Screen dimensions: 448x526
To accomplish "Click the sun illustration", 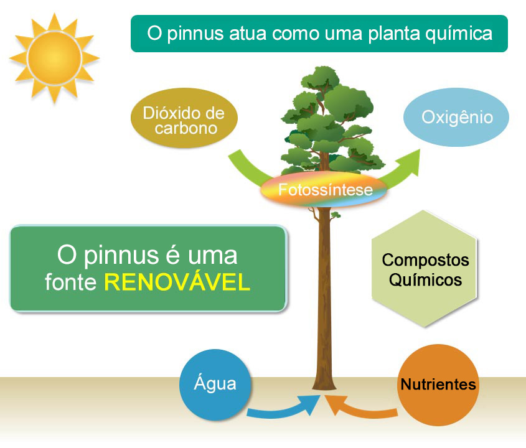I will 54,57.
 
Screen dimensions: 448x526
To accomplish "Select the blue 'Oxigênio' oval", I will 456,117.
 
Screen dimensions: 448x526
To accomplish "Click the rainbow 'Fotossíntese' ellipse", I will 324,190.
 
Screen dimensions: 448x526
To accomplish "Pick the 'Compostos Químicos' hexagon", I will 425,269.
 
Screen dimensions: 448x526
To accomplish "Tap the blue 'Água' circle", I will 217,383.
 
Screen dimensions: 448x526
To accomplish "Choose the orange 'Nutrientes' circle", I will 438,385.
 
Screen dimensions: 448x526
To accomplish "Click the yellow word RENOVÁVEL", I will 177,282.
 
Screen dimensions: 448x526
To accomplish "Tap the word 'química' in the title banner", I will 458,33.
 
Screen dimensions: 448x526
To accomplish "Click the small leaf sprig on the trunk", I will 336,215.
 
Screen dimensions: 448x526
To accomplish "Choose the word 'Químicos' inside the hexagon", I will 425,280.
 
